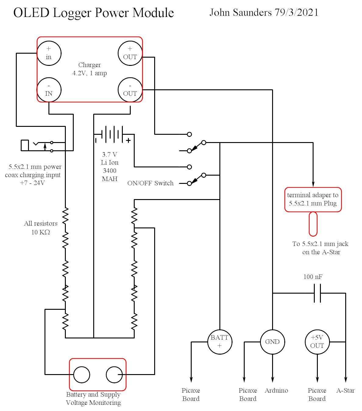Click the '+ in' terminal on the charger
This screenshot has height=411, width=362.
pos(49,53)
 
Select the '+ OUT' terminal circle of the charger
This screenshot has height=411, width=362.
pos(130,53)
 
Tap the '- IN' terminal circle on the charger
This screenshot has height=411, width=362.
pos(49,90)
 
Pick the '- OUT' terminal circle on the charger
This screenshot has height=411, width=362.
pos(130,90)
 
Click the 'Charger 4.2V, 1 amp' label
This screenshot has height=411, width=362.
pos(90,69)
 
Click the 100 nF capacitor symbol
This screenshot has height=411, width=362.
pos(317,293)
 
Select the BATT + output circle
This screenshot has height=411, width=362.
pos(219,342)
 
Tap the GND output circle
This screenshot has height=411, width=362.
pos(272,342)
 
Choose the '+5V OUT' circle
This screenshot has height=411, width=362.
pos(317,342)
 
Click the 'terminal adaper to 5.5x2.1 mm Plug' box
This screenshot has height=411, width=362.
pos(313,199)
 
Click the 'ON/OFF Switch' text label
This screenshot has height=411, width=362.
pos(151,183)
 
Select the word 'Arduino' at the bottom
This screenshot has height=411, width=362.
pos(276,391)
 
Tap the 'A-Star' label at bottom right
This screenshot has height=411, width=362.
pos(345,391)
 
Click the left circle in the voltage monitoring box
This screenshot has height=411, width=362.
pos(82,374)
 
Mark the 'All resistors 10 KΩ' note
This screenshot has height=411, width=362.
pos(41,228)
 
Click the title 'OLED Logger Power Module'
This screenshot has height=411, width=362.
pos(94,13)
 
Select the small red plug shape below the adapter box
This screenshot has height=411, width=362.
pos(313,224)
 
